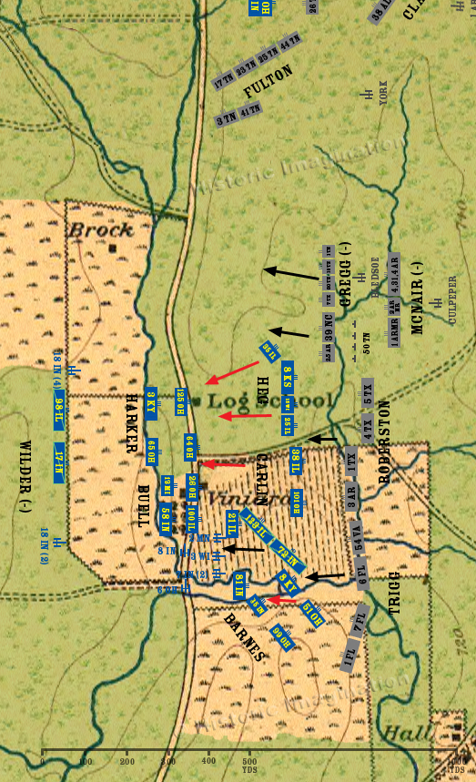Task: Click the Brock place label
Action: (x=101, y=229)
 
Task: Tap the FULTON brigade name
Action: (x=268, y=83)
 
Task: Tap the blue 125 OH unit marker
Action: (x=180, y=401)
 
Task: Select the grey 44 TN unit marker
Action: (x=290, y=44)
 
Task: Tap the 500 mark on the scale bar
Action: (x=248, y=761)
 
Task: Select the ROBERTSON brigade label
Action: (x=383, y=434)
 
